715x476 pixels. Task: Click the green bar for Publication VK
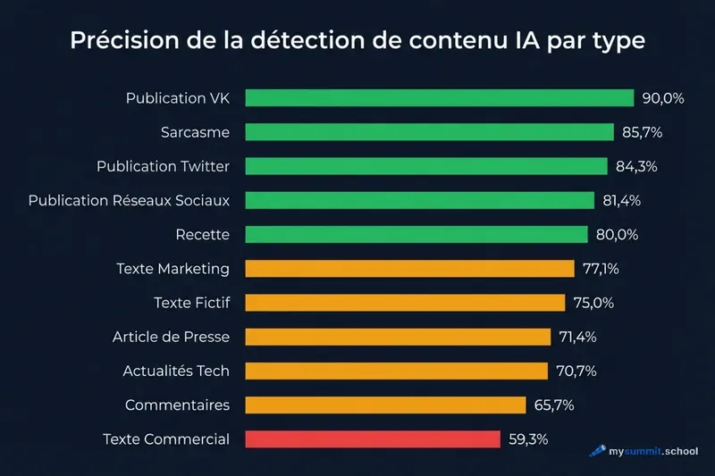tap(439, 98)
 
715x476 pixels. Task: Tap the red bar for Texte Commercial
tap(372, 439)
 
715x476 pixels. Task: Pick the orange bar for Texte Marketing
tap(409, 269)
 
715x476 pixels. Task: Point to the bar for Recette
tap(417, 235)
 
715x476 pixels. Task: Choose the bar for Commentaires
tap(385, 405)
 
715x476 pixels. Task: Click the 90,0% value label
tap(662, 98)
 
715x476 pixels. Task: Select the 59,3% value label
tap(527, 439)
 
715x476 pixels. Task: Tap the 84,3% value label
tap(637, 167)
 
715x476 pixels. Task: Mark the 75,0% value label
tap(593, 303)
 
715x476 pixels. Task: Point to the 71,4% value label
tap(578, 337)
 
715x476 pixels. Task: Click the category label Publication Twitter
tap(163, 167)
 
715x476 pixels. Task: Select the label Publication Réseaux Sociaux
tap(129, 201)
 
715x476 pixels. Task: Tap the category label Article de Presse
tap(171, 337)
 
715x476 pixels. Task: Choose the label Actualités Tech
tap(175, 371)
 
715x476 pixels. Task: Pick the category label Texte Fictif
tap(191, 303)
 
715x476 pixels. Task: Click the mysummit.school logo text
tap(653, 452)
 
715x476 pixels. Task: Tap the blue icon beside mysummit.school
tap(597, 452)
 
